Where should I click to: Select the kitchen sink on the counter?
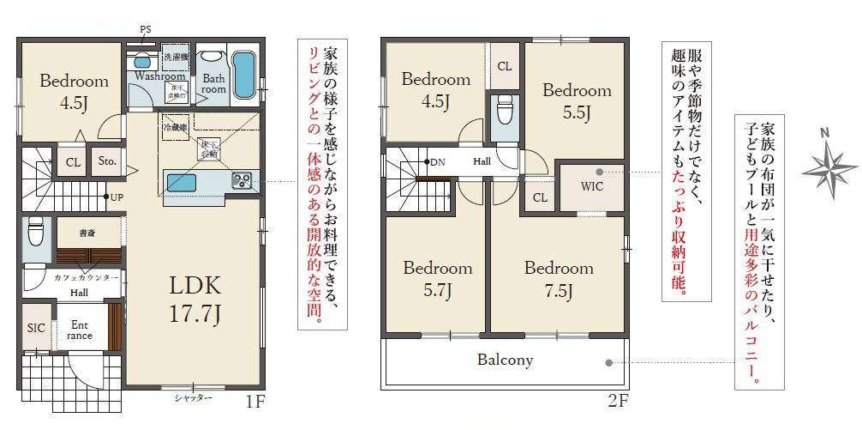coord(181,183)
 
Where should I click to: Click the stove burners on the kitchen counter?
coord(242,180)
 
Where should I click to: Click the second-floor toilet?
coord(504,112)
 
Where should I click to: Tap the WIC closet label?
coord(591,185)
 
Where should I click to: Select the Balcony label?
coord(505,360)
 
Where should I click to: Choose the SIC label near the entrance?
coord(35,327)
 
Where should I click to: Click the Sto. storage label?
coord(107,161)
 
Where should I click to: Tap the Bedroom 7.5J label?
coord(559,279)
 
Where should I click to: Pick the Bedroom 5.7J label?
coord(437,279)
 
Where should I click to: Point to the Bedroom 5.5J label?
coord(576,100)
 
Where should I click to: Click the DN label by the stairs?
coord(438,161)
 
